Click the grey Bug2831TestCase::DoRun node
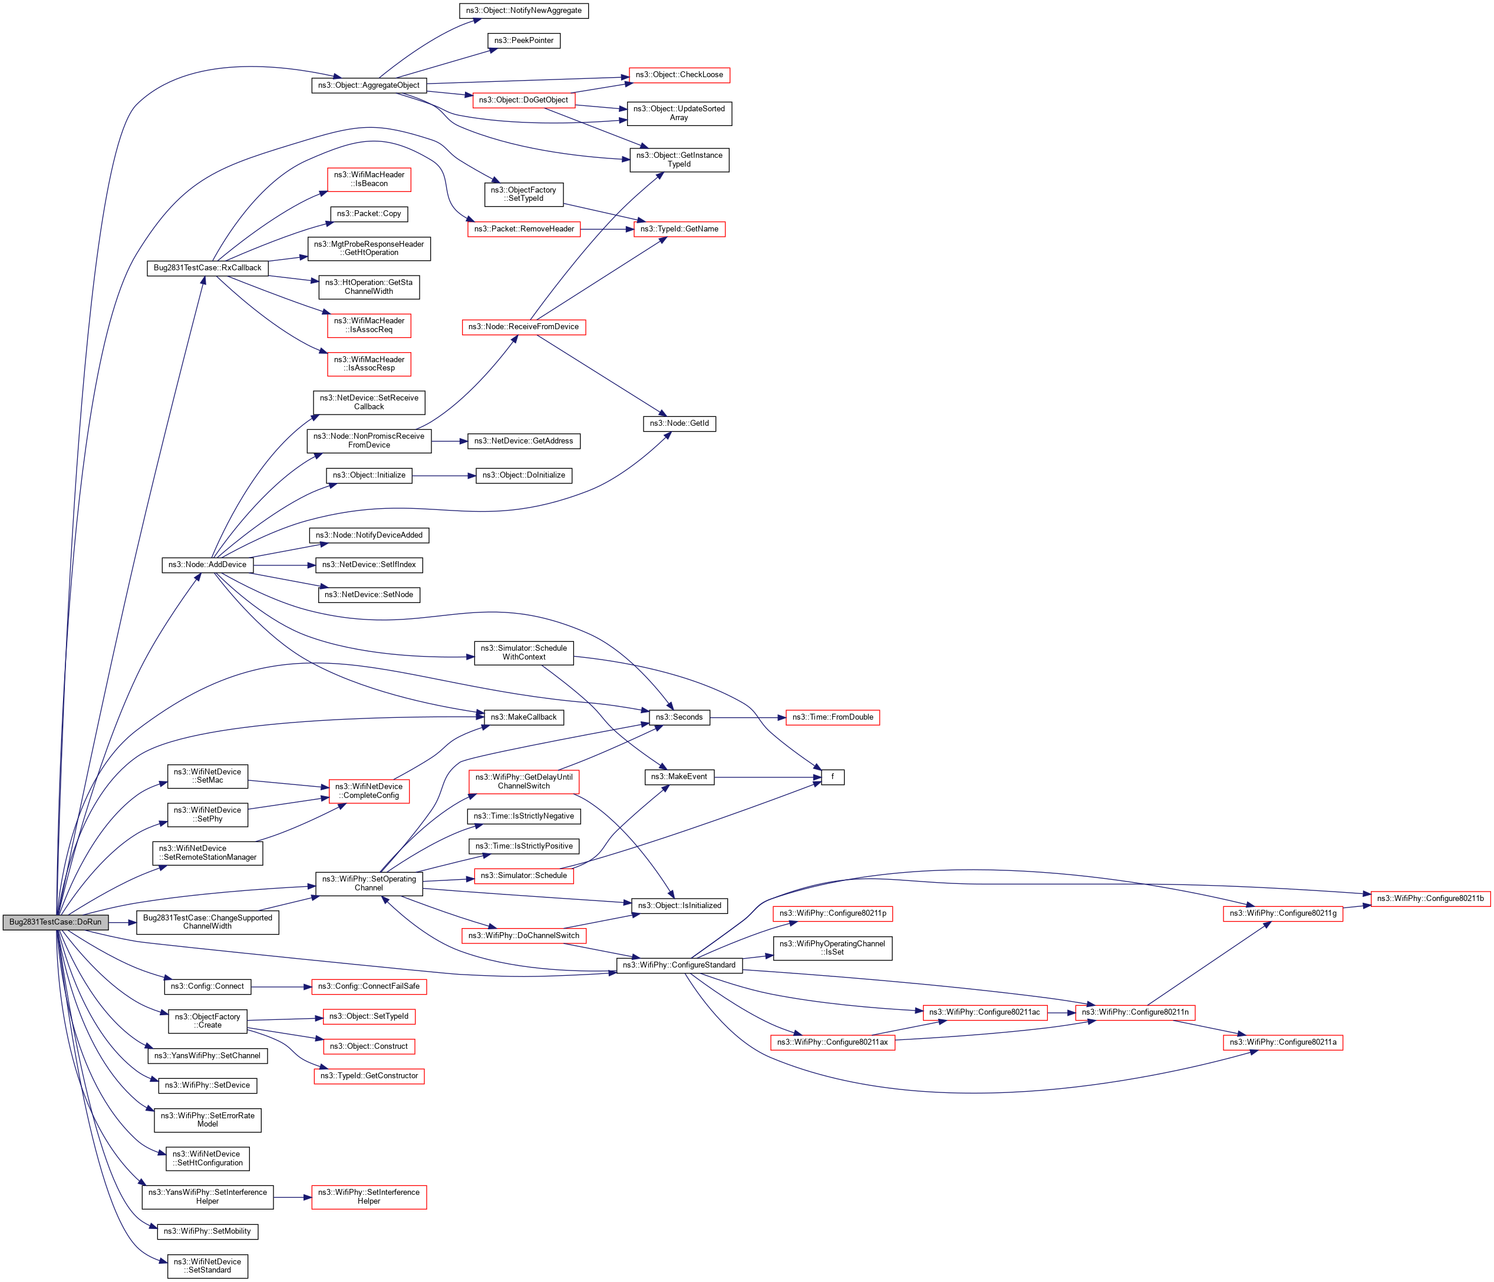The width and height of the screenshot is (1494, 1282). coord(55,922)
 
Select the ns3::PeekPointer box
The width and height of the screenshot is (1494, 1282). coord(523,41)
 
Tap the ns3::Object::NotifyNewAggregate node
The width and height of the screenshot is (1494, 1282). coord(523,11)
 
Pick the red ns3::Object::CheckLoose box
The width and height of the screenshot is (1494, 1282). coord(679,75)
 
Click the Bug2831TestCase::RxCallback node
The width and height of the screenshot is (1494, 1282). coord(207,268)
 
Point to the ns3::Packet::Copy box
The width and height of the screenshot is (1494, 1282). coord(369,214)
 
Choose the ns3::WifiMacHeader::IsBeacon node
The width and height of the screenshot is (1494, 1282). coord(369,180)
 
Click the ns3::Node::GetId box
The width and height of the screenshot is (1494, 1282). coord(679,424)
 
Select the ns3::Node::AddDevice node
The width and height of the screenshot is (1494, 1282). coord(207,565)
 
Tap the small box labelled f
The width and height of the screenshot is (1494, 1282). coord(833,777)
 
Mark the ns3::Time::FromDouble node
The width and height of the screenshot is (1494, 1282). coord(833,718)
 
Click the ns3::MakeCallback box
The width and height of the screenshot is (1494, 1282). coord(523,718)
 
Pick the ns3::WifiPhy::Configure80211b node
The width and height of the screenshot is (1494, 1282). coord(1430,899)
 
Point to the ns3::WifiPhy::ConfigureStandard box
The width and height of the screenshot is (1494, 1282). coord(679,965)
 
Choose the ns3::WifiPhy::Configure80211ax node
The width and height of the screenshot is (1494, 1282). coord(833,1043)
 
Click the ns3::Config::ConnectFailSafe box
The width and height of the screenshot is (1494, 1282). coord(369,986)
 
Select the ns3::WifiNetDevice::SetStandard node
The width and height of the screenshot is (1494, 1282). coord(207,1266)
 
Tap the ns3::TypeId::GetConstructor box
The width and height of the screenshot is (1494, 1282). coord(369,1076)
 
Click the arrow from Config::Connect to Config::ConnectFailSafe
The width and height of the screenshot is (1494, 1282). coord(281,986)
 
